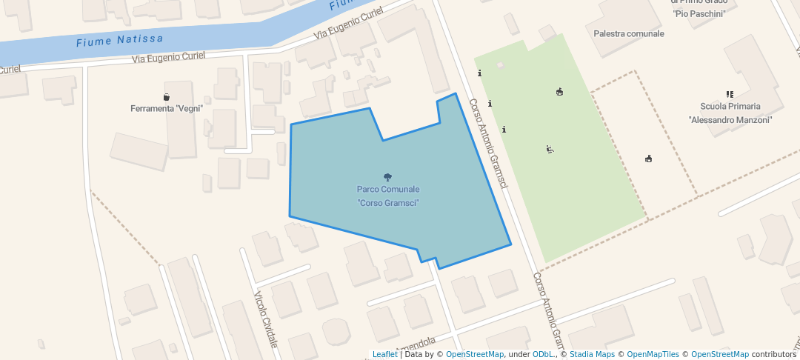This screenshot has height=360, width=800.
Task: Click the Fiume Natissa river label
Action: tap(119, 40)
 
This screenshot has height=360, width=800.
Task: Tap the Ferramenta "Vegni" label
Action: tap(167, 109)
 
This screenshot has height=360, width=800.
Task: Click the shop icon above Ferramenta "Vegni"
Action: tap(167, 96)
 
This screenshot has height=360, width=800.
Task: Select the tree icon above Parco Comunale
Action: tap(387, 177)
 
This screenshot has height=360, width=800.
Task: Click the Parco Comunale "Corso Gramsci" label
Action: tap(388, 196)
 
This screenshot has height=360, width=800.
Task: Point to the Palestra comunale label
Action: tap(629, 33)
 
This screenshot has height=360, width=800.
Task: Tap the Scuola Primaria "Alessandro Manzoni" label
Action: tap(730, 113)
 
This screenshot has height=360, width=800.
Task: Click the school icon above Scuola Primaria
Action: tap(730, 94)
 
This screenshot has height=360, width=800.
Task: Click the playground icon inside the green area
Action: tap(559, 92)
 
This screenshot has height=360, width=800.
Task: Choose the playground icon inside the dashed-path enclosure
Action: tap(648, 158)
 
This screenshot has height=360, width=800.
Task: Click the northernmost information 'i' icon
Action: tap(479, 73)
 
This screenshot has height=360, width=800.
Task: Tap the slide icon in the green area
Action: tap(550, 150)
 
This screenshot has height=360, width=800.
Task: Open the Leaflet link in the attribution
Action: tap(384, 354)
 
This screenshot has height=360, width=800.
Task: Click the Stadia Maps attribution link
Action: tap(590, 354)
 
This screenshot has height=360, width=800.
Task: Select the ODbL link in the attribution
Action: tap(544, 354)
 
